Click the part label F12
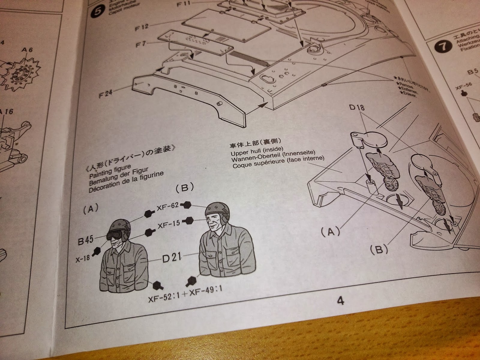coord(142,28)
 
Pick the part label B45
coord(85,240)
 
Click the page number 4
coord(340,300)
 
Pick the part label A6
coord(27,50)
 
